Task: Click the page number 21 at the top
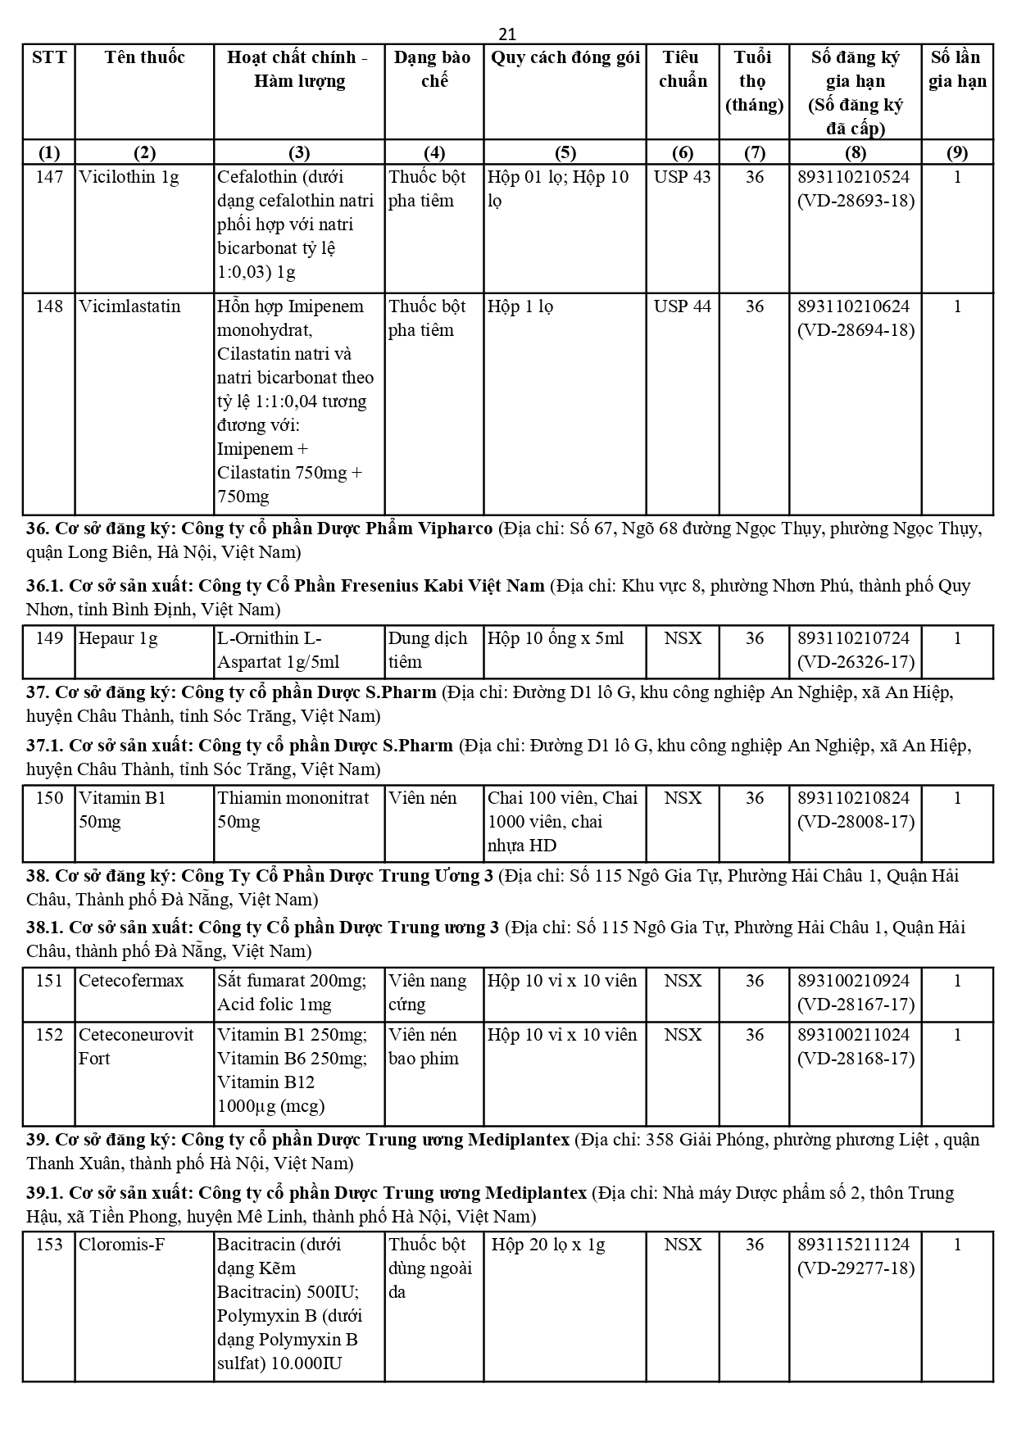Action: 507,34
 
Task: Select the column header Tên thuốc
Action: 144,57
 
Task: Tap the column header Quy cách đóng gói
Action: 565,57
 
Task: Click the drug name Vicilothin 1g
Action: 129,177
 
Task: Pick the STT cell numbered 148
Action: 49,306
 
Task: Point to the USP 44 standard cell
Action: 682,306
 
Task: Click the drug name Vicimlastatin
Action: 129,306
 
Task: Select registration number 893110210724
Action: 853,638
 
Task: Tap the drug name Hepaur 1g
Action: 118,638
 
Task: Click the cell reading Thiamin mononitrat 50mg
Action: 293,810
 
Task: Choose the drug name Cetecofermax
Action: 131,981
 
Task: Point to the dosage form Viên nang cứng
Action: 427,992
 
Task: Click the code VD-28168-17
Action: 856,1059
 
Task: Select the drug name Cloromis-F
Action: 122,1245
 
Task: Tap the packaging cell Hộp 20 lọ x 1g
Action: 548,1245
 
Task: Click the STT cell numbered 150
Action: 49,798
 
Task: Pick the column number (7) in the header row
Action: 754,152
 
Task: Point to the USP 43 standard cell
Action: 682,177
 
